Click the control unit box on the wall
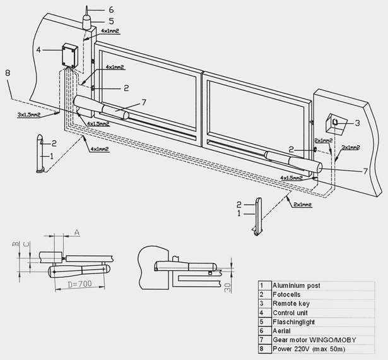click(70, 56)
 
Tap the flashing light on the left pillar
click(86, 22)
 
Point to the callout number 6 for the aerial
click(111, 9)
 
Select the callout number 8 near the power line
click(8, 73)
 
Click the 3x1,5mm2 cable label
click(29, 115)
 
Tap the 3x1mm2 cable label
click(350, 147)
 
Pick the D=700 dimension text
click(79, 284)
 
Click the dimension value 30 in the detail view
click(228, 287)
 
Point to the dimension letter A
click(77, 232)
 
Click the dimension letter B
click(16, 244)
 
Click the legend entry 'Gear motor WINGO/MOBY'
click(314, 340)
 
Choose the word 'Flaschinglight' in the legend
click(293, 322)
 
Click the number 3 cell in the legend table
click(264, 304)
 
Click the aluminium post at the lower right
click(259, 216)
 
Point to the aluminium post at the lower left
click(40, 153)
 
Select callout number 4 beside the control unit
click(38, 50)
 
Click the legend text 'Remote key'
click(291, 304)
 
